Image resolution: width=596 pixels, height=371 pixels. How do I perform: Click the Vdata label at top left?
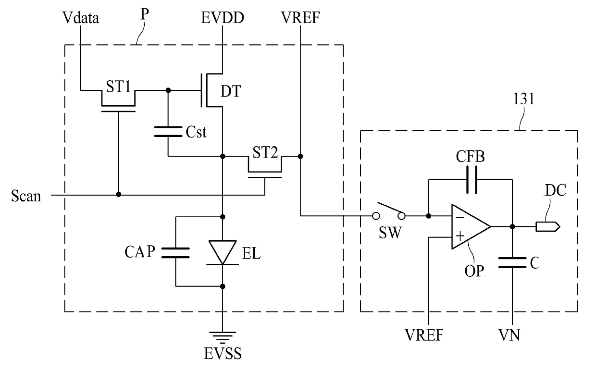pos(81,18)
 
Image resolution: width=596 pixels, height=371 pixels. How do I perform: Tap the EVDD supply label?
pos(223,18)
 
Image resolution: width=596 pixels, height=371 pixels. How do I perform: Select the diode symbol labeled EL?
pos(223,253)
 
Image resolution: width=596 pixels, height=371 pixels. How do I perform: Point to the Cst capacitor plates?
pos(168,132)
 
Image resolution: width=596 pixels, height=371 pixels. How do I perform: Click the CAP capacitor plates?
pos(175,253)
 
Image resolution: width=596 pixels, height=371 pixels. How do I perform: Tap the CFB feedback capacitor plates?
pos(472,180)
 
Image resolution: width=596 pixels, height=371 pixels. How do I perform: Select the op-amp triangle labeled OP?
pos(471,227)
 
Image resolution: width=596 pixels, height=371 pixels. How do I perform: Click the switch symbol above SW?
pos(390,212)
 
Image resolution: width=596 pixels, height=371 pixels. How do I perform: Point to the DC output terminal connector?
pos(548,227)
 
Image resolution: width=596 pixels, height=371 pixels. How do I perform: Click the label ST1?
pos(118,87)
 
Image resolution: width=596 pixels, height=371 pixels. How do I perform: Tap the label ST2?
pos(265,152)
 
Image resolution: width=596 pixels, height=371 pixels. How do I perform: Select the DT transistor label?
pos(231,91)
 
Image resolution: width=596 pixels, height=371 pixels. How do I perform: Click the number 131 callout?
pos(523,99)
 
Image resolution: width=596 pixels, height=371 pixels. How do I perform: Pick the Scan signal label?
pos(26,196)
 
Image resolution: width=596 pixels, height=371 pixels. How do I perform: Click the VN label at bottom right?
pos(509,335)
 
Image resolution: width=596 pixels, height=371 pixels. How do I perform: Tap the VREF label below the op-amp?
pos(424,335)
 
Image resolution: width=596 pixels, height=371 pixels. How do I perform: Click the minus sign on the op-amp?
pos(460,217)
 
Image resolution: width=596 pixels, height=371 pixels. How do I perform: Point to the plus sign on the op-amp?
pos(460,236)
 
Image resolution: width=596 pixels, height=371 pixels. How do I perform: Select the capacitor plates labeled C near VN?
pos(512,262)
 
